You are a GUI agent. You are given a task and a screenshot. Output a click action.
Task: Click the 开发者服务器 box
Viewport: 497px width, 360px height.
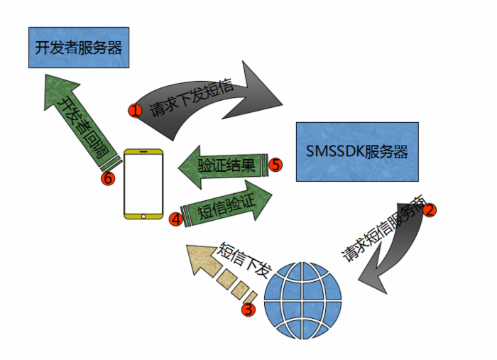click(x=78, y=48)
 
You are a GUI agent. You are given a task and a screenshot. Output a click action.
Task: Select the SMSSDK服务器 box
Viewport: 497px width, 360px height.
click(x=356, y=151)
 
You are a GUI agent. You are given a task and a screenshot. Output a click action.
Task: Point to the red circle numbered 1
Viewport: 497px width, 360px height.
click(x=135, y=110)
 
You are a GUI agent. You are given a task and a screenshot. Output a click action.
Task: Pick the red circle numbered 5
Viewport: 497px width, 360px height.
click(x=276, y=165)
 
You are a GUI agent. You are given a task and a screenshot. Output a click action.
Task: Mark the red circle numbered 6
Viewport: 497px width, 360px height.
click(x=107, y=178)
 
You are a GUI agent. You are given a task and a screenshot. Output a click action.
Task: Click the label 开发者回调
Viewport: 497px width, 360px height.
click(x=80, y=124)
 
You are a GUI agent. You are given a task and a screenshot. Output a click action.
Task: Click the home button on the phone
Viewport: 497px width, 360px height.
click(x=143, y=214)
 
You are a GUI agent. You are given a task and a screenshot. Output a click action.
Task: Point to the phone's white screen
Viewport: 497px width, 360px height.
click(x=143, y=181)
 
